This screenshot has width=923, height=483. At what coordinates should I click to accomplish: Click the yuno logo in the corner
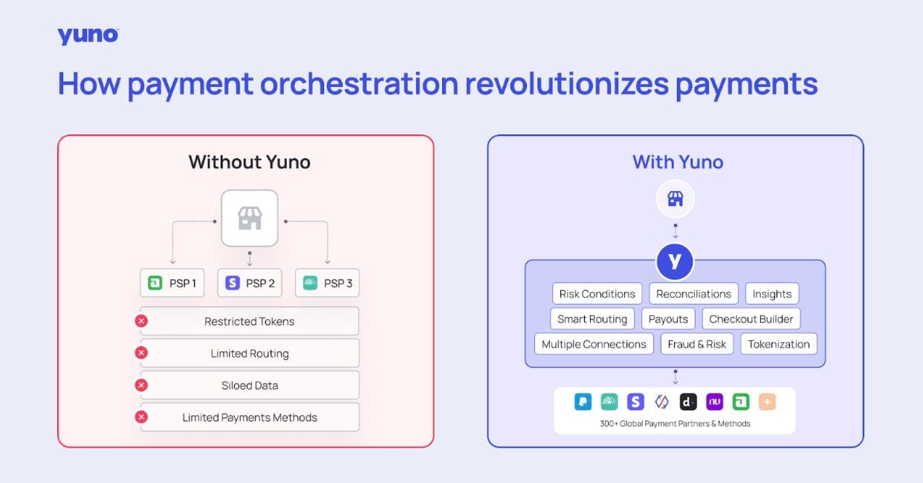pos(88,36)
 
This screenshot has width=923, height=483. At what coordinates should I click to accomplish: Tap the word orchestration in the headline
pos(359,84)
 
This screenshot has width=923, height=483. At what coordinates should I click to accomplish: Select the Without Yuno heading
pos(249,162)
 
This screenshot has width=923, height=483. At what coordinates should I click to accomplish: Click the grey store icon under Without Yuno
pos(250,218)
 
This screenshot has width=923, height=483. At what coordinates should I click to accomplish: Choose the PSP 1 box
pos(172,283)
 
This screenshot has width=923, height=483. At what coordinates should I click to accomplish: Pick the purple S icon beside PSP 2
pos(233,283)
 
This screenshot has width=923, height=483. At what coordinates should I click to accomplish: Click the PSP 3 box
pos(327,283)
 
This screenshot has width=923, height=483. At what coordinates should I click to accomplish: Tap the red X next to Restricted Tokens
pos(141,321)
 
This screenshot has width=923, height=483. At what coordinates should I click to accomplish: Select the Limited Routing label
pos(250,354)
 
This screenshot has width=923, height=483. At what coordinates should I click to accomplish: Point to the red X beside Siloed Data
pos(141,386)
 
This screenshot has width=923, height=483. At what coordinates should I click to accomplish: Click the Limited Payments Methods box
pos(250,418)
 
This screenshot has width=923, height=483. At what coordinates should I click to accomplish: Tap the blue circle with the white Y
pos(675,262)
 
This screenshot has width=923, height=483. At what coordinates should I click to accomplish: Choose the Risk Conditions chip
pos(597,294)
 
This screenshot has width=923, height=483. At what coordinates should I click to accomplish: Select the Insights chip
pos(772,294)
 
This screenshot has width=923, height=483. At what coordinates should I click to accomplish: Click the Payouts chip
pos(668,319)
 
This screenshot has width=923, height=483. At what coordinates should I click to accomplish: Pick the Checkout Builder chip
pos(751,319)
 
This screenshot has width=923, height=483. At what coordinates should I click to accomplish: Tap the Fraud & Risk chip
pos(697,344)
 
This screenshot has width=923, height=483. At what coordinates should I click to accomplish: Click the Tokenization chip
pos(779,344)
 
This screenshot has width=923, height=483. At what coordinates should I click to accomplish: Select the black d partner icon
pos(688,402)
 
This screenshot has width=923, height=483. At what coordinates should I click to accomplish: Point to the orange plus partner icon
pos(767,402)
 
